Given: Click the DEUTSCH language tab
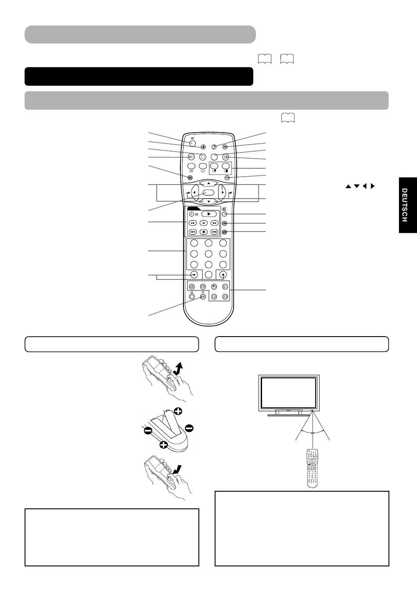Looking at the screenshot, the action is [408, 205].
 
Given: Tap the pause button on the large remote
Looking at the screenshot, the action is [204, 223].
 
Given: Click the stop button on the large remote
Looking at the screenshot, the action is [204, 232].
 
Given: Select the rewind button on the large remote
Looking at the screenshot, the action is [193, 223].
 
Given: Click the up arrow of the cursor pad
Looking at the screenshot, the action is [208, 183].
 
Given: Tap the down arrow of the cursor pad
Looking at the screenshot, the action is [208, 202].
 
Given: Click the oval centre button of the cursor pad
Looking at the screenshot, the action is [208, 192].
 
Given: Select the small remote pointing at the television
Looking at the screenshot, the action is [313, 468].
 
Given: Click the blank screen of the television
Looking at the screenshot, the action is [289, 392].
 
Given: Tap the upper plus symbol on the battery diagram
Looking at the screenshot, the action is [178, 411].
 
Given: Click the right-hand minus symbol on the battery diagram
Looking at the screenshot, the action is [189, 428].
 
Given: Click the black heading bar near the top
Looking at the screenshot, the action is [139, 76].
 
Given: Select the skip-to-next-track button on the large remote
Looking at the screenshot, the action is [215, 232].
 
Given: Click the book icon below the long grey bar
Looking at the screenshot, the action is [288, 118].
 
